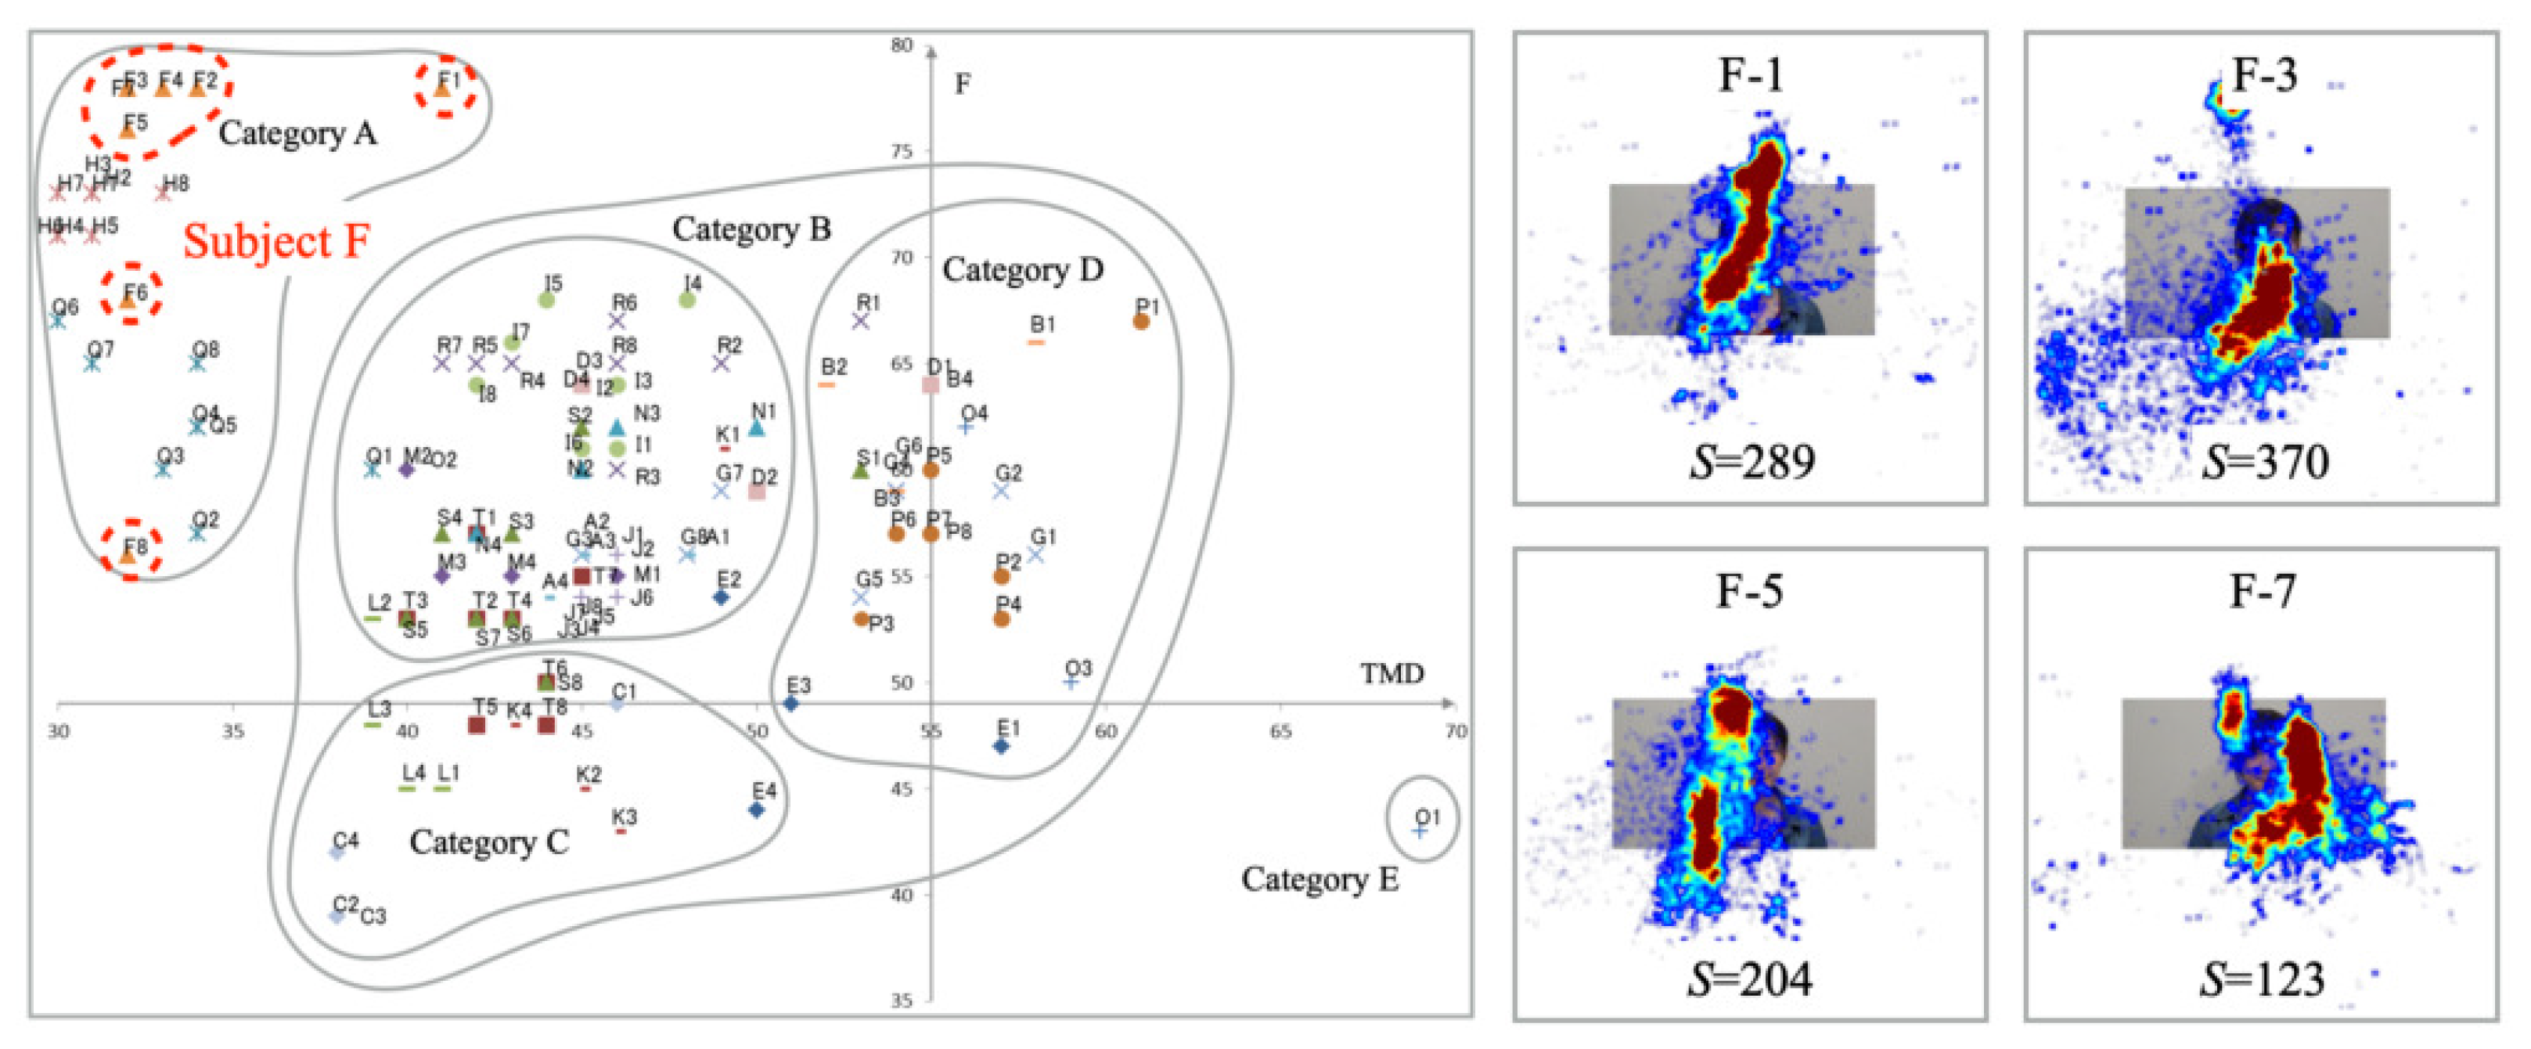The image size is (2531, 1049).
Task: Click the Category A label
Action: click(297, 133)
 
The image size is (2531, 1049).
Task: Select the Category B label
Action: click(751, 229)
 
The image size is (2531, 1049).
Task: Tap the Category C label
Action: click(488, 842)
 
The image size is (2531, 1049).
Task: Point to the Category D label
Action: click(1022, 269)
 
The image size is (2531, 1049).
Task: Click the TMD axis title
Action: click(1392, 673)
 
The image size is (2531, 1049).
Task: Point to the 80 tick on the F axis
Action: click(902, 45)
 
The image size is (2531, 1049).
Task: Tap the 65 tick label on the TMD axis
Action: click(1280, 731)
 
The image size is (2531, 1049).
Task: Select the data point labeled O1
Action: click(1419, 831)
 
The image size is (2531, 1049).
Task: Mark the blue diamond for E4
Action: click(757, 810)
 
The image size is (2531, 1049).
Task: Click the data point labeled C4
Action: click(337, 853)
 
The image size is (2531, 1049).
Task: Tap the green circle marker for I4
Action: click(688, 300)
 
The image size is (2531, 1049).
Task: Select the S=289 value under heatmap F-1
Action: click(1752, 461)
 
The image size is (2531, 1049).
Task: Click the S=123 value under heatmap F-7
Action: click(2262, 979)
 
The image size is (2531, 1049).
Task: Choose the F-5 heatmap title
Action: click(1749, 591)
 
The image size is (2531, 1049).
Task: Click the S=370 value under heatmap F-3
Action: click(2264, 461)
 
